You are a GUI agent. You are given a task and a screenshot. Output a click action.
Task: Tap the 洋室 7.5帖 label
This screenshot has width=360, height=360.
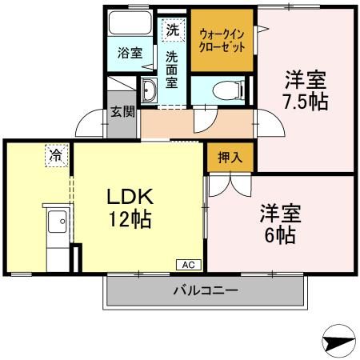point(306,90)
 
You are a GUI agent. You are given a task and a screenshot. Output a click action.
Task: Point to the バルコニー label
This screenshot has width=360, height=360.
point(206,291)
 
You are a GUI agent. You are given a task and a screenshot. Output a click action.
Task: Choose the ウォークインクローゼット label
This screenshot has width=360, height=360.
point(222,39)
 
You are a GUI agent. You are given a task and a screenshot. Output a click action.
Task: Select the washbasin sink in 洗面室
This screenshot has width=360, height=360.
point(150,91)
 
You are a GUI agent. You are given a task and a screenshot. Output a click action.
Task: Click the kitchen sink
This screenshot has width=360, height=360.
point(57,222)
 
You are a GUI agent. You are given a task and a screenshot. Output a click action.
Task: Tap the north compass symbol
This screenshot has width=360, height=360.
point(339,341)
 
